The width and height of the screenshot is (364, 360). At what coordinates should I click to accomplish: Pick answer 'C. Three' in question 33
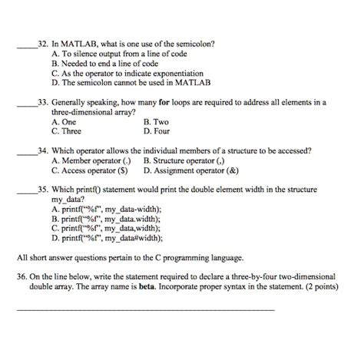70,130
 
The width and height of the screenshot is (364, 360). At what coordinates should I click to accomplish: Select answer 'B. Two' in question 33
160,121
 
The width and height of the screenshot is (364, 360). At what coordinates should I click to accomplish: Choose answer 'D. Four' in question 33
160,130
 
